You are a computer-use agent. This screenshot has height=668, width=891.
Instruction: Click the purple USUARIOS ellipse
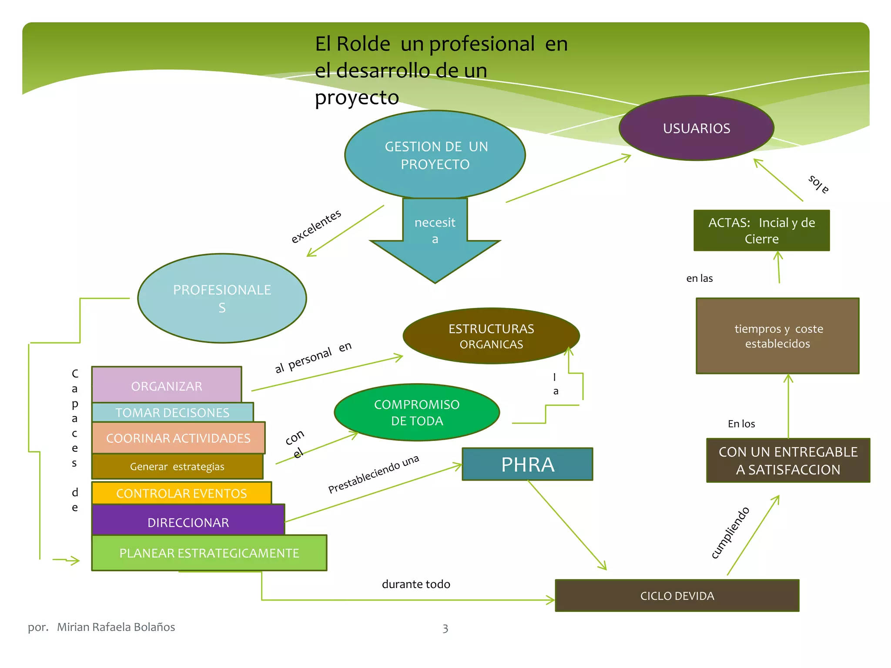pos(696,128)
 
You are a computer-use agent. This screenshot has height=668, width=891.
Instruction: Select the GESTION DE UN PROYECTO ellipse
pos(435,155)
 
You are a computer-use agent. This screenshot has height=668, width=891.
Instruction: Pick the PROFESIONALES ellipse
pos(222,298)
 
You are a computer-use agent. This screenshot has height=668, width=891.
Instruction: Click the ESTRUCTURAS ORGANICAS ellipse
pos(491,336)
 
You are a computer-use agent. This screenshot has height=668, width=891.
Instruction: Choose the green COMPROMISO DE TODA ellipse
pos(417,412)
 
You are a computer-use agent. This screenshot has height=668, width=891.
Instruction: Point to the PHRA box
pos(527,464)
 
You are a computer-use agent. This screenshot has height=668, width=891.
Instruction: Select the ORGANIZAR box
pos(167,385)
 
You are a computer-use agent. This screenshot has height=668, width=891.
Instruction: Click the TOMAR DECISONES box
pos(172,412)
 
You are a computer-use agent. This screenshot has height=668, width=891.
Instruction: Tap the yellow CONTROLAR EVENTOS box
pos(181,493)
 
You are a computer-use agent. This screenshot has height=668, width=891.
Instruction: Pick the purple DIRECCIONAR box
pos(188,521)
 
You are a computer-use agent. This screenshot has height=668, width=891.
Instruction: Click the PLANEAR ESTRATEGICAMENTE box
pos(209,553)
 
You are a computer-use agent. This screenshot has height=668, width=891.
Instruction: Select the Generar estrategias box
pos(177,467)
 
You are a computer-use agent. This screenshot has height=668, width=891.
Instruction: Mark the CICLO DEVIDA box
pos(677,596)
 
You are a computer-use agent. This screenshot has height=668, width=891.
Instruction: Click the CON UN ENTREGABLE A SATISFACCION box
pos(788,461)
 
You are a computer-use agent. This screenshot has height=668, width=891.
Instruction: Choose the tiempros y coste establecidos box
pos(777,336)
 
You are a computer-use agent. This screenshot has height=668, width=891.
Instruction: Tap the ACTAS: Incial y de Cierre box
pos(761,230)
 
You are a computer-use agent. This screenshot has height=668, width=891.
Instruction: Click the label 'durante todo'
pos(416,584)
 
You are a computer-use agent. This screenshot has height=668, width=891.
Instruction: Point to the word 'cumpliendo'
pos(730,532)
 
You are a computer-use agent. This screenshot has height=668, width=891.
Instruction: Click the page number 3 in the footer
pos(445,628)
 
